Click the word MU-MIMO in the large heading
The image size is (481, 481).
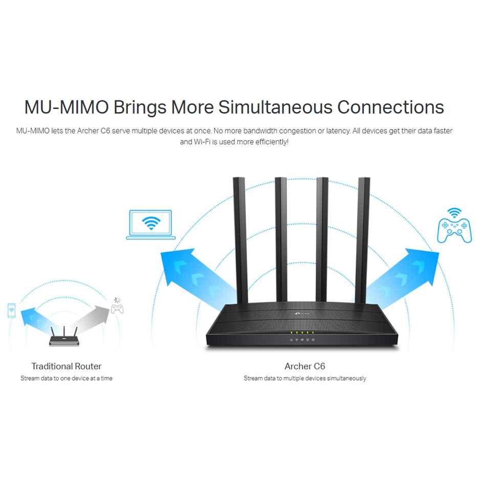[x=66, y=107]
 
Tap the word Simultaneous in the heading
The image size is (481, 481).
[x=274, y=107]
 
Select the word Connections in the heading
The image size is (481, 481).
[x=390, y=107]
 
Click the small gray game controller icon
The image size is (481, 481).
[x=117, y=309]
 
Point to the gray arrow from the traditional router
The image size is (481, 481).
[x=89, y=317]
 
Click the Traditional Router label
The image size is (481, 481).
[x=67, y=366]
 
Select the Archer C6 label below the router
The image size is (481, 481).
[x=304, y=366]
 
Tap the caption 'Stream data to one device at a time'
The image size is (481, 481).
[x=67, y=379]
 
